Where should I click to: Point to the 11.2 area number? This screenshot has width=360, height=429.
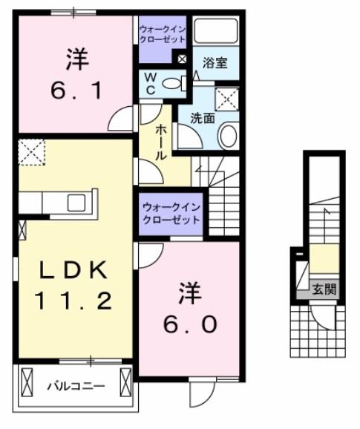[72, 301]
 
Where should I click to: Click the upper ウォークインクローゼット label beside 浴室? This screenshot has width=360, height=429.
[163, 34]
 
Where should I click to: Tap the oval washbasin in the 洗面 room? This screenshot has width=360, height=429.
[229, 136]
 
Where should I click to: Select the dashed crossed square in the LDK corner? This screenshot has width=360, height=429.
[33, 152]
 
